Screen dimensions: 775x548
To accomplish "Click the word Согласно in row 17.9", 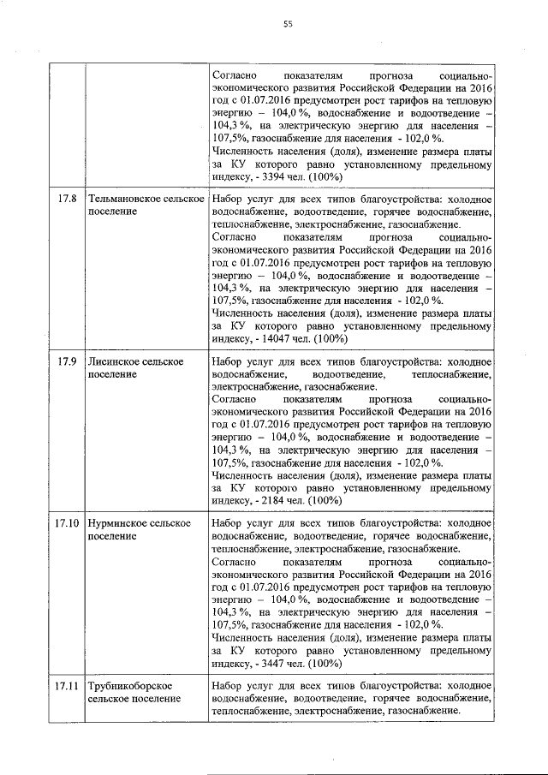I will click(233, 398).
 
